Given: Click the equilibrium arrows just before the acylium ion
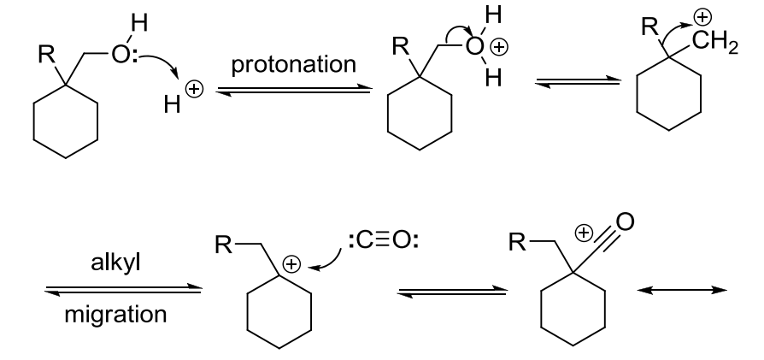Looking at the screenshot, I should [x=444, y=291].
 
